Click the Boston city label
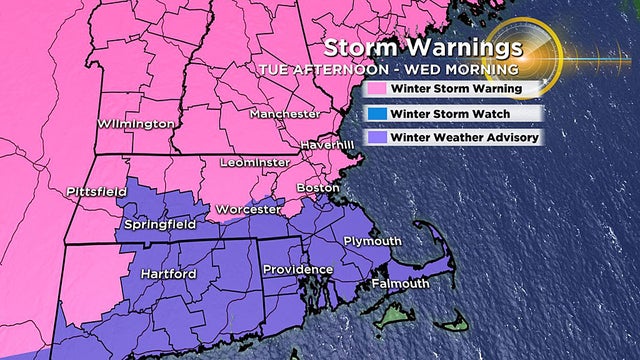click(319, 187)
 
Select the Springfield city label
click(157, 225)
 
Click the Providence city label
click(297, 270)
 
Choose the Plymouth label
click(372, 242)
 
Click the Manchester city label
click(285, 114)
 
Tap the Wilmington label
click(136, 124)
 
